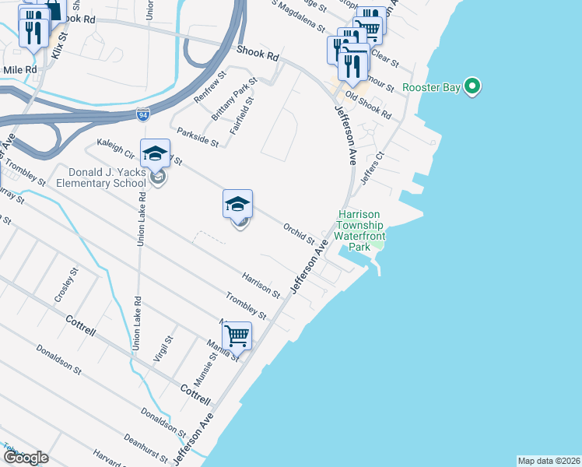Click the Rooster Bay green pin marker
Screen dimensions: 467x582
click(x=472, y=86)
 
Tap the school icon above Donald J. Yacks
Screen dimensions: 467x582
click(x=155, y=154)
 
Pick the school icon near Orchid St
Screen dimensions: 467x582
click(x=238, y=205)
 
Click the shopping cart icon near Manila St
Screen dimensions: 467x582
click(x=237, y=336)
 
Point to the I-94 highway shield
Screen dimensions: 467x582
click(x=142, y=115)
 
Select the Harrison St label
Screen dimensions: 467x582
click(x=261, y=285)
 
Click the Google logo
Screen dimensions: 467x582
click(x=25, y=458)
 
